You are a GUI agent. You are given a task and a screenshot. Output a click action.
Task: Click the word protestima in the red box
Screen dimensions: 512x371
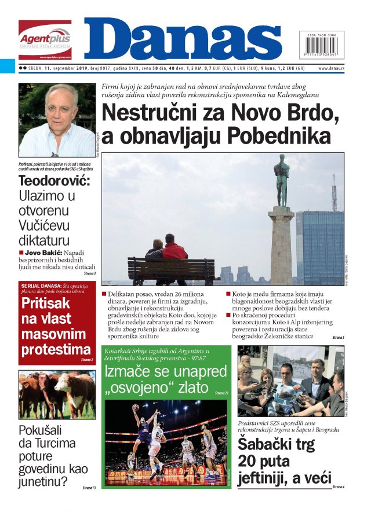coord(56,349)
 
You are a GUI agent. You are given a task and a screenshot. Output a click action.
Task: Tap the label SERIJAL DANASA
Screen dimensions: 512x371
coord(39,287)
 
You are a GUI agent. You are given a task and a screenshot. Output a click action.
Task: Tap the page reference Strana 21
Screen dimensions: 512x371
coord(221,393)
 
